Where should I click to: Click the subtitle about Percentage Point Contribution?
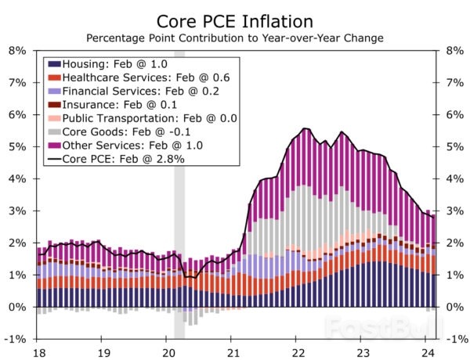click(234, 38)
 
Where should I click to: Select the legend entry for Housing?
click(118, 63)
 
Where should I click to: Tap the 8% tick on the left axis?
click(16, 50)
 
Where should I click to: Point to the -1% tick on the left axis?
click(15, 339)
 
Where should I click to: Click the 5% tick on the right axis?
click(454, 146)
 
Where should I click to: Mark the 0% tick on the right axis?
click(454, 307)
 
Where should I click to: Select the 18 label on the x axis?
click(37, 351)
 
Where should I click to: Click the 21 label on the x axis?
click(233, 351)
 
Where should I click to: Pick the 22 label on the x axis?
click(298, 351)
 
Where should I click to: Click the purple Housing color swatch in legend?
click(54, 63)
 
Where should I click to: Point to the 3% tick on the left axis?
click(16, 211)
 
